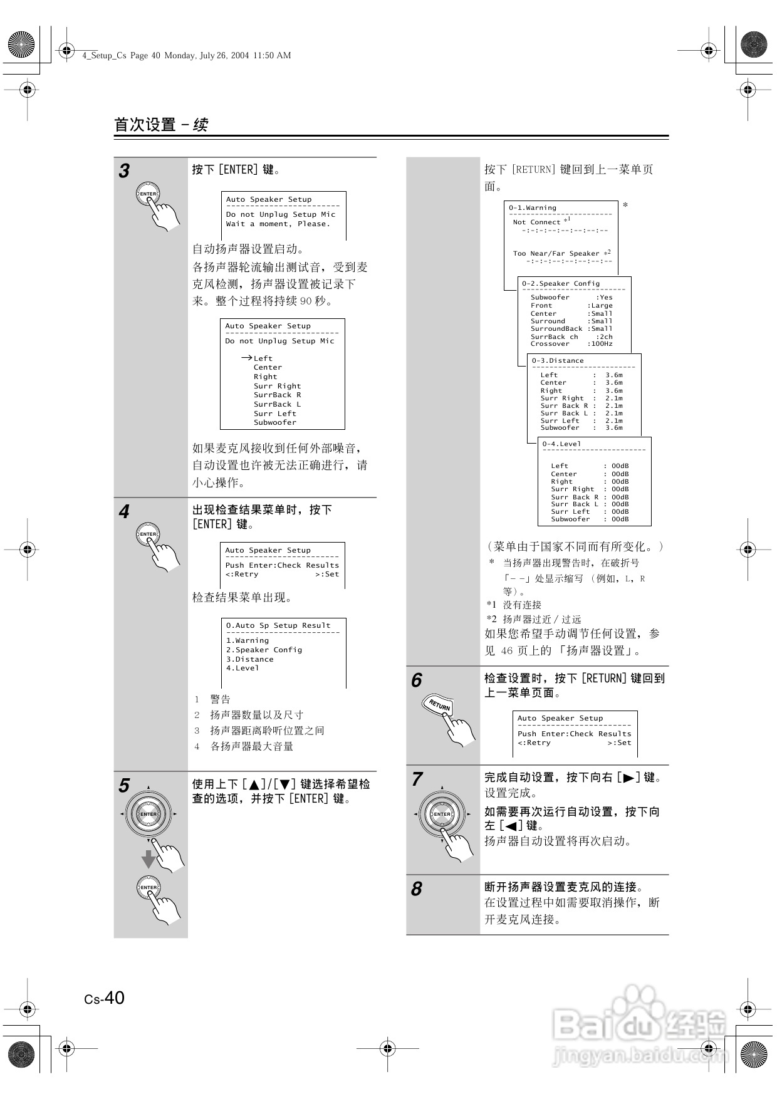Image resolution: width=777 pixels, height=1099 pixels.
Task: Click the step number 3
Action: (125, 171)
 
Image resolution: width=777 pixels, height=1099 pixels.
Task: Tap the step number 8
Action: (417, 888)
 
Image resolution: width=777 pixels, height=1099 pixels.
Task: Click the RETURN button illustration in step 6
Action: (439, 706)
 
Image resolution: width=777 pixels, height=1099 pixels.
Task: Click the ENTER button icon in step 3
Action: (148, 194)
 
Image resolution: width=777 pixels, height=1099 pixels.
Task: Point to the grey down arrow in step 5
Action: (148, 858)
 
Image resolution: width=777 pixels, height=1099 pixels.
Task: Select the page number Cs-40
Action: (105, 997)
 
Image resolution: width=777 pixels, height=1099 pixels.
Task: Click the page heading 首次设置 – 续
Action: (161, 125)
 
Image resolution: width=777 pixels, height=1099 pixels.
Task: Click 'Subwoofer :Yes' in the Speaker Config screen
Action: (571, 298)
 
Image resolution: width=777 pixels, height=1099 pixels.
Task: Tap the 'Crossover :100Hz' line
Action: (571, 344)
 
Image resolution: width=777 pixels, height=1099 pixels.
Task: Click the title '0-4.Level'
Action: (561, 444)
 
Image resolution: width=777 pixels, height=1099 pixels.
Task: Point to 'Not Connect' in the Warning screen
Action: (537, 222)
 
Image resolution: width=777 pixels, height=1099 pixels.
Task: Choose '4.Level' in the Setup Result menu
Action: (242, 669)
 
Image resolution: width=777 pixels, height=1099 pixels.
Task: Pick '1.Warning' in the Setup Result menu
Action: (248, 641)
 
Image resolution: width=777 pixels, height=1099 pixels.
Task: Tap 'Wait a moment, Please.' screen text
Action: (278, 224)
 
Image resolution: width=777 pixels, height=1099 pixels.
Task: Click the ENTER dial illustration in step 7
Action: (442, 814)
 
